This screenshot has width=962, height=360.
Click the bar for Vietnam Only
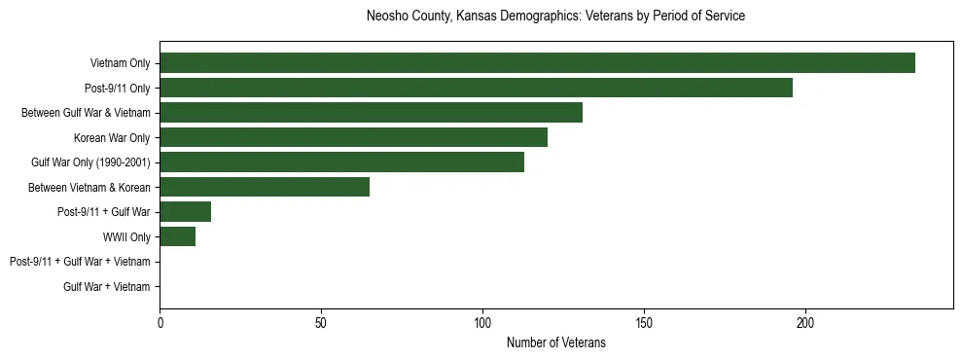[537, 63]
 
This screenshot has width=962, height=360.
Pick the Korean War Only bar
[353, 137]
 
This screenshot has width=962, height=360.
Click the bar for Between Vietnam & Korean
[265, 187]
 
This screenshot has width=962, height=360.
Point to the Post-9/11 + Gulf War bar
[185, 212]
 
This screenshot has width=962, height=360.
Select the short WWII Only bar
[177, 236]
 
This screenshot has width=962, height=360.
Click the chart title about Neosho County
[555, 17]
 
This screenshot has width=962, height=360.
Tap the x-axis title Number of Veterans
[555, 342]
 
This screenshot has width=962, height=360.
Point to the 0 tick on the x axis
[160, 322]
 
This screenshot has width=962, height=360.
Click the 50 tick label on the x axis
[321, 322]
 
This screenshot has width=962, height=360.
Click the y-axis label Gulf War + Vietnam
[106, 287]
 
